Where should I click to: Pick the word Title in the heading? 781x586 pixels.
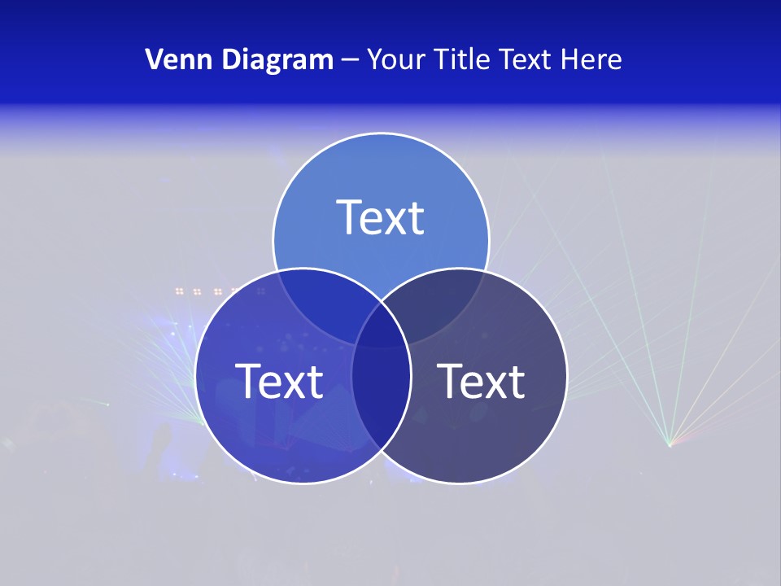462,59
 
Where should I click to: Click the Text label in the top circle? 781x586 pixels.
381,217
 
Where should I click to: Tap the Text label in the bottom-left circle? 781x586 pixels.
279,381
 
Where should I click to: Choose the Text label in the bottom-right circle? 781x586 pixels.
481,381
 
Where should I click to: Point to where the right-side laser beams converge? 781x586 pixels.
670,444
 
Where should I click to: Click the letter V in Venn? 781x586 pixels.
153,59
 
